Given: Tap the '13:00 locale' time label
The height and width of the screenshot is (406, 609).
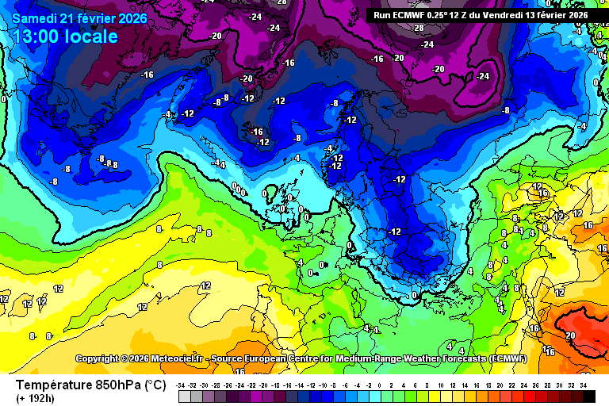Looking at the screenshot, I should click(x=66, y=36).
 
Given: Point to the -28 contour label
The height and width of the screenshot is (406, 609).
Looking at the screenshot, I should click(x=418, y=28).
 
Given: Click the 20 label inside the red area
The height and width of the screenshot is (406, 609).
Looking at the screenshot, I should click(x=569, y=335).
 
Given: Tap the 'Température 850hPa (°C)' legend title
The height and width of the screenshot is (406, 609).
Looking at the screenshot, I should click(x=91, y=385).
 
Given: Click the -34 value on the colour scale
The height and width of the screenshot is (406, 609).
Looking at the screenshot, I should click(x=182, y=385).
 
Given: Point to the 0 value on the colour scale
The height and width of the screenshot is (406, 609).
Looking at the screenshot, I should click(x=379, y=385).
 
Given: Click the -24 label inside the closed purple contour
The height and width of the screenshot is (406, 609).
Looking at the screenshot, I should click(x=482, y=76).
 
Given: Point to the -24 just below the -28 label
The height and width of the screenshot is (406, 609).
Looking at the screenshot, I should click(x=427, y=44).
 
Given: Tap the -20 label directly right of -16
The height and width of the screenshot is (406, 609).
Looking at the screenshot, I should click(x=398, y=58).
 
